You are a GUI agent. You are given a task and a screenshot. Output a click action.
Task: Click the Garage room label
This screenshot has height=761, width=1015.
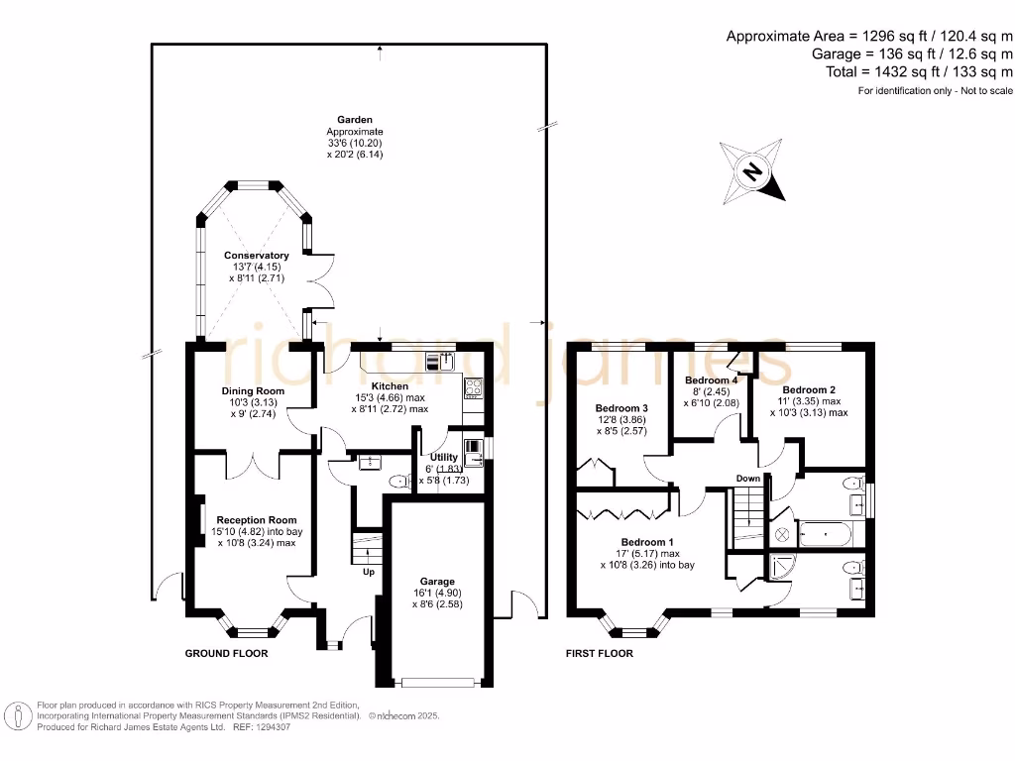(437, 581)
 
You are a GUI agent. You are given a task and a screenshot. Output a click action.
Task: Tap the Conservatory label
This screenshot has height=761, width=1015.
(257, 255)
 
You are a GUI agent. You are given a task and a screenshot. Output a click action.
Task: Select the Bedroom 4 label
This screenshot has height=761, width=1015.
(712, 380)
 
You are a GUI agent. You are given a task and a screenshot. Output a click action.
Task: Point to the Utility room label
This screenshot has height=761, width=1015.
(443, 457)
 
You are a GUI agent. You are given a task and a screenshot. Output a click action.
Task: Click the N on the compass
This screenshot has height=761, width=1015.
(752, 171)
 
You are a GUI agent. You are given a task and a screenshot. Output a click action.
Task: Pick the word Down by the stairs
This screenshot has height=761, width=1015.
(748, 479)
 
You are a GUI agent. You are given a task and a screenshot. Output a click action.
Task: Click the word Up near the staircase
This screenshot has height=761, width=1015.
(369, 572)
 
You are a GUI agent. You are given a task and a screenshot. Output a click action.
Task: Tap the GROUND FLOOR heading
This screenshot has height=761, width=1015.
(227, 654)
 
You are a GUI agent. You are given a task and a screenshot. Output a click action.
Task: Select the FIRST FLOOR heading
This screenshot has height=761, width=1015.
(600, 654)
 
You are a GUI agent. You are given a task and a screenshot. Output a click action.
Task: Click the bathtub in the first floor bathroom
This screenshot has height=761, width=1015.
(826, 534)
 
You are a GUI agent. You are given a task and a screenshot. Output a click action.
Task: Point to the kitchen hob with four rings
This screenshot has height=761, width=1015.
(473, 387)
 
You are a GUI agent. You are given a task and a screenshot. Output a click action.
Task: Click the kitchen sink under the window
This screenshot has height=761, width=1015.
(440, 361)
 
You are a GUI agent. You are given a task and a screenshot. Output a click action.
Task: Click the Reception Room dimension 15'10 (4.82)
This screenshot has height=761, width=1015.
(239, 531)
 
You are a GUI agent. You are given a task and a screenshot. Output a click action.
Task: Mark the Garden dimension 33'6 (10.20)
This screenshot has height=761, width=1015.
(355, 143)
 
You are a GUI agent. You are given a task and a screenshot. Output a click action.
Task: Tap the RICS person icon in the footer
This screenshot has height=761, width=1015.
(18, 717)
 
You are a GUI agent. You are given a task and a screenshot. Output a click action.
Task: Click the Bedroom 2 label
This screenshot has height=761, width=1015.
(809, 389)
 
